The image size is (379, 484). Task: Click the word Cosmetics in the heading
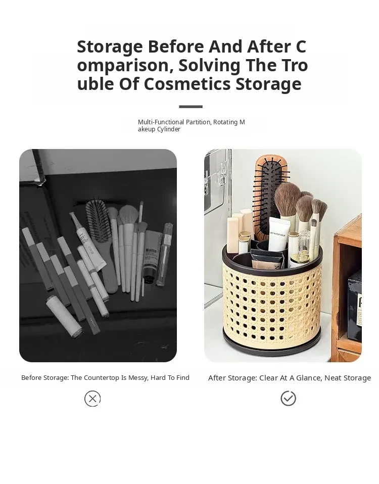[187, 84]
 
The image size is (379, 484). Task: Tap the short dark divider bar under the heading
[191, 107]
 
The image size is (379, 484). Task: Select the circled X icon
[92, 399]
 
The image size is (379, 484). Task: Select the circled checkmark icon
[288, 398]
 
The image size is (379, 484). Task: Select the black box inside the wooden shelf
[355, 306]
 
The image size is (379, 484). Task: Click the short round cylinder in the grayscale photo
[65, 316]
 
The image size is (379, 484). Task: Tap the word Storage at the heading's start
[110, 47]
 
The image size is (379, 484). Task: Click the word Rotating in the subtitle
[225, 122]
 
